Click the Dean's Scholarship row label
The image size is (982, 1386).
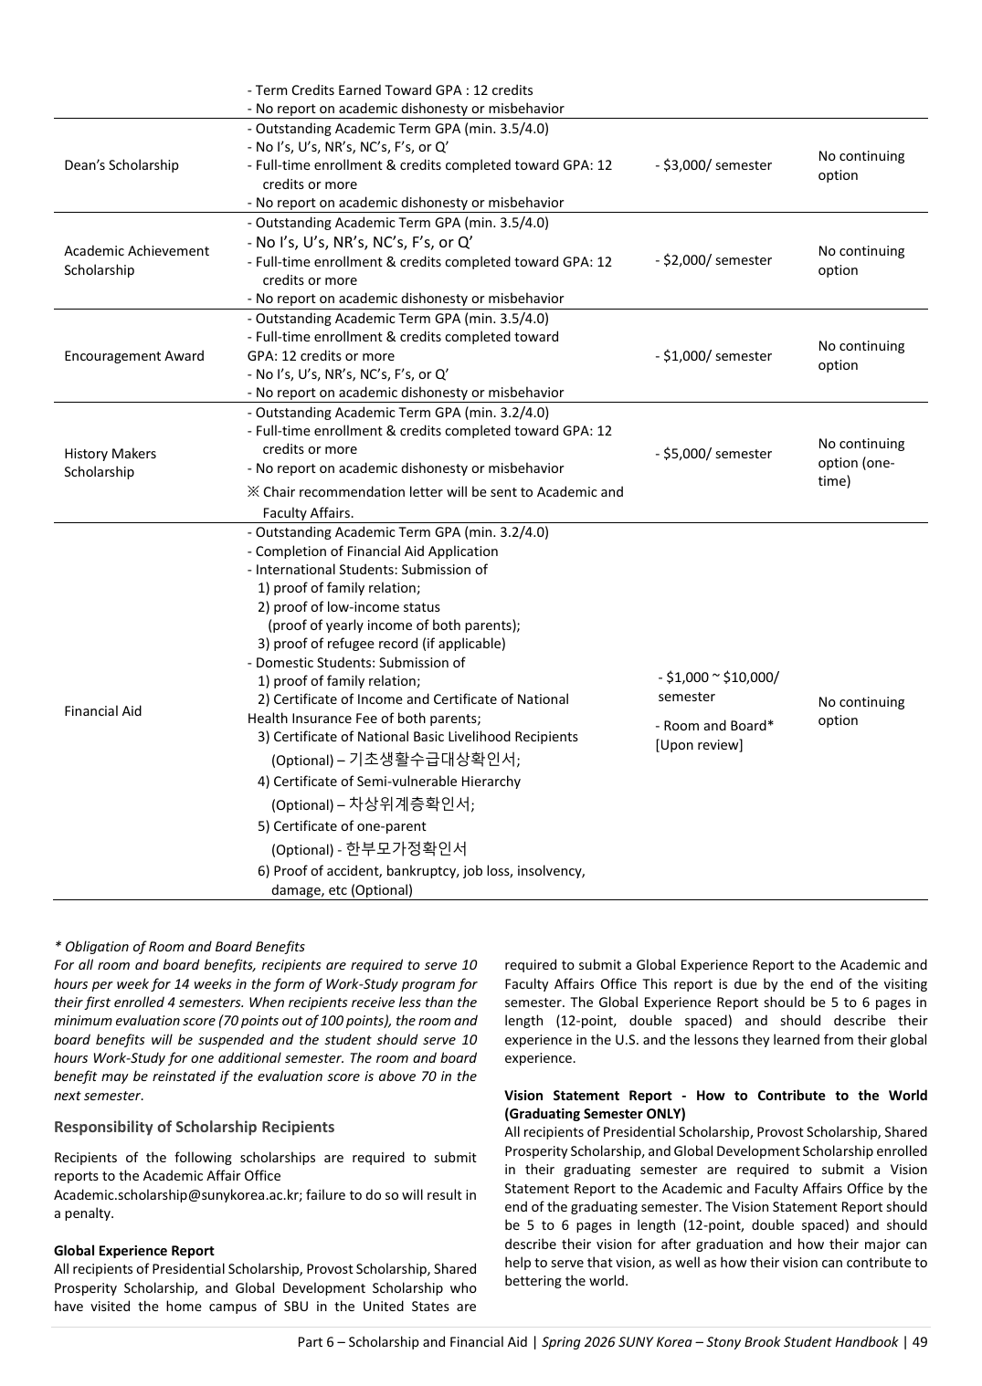121,165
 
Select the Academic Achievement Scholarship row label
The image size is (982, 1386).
136,260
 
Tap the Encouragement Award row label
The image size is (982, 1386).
134,356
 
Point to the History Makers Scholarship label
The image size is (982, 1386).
110,463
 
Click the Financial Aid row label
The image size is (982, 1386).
103,711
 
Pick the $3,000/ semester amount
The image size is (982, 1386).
713,165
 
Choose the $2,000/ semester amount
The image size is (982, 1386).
713,260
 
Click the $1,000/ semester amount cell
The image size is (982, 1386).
713,356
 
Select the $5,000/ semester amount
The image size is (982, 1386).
713,454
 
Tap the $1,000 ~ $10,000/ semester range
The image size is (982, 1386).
717,687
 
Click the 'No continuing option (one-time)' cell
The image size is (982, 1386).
861,462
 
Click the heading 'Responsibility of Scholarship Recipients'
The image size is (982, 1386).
194,1127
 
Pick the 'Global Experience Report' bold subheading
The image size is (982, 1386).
133,1251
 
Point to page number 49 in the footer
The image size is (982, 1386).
920,1342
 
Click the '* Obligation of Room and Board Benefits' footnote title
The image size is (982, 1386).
179,947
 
